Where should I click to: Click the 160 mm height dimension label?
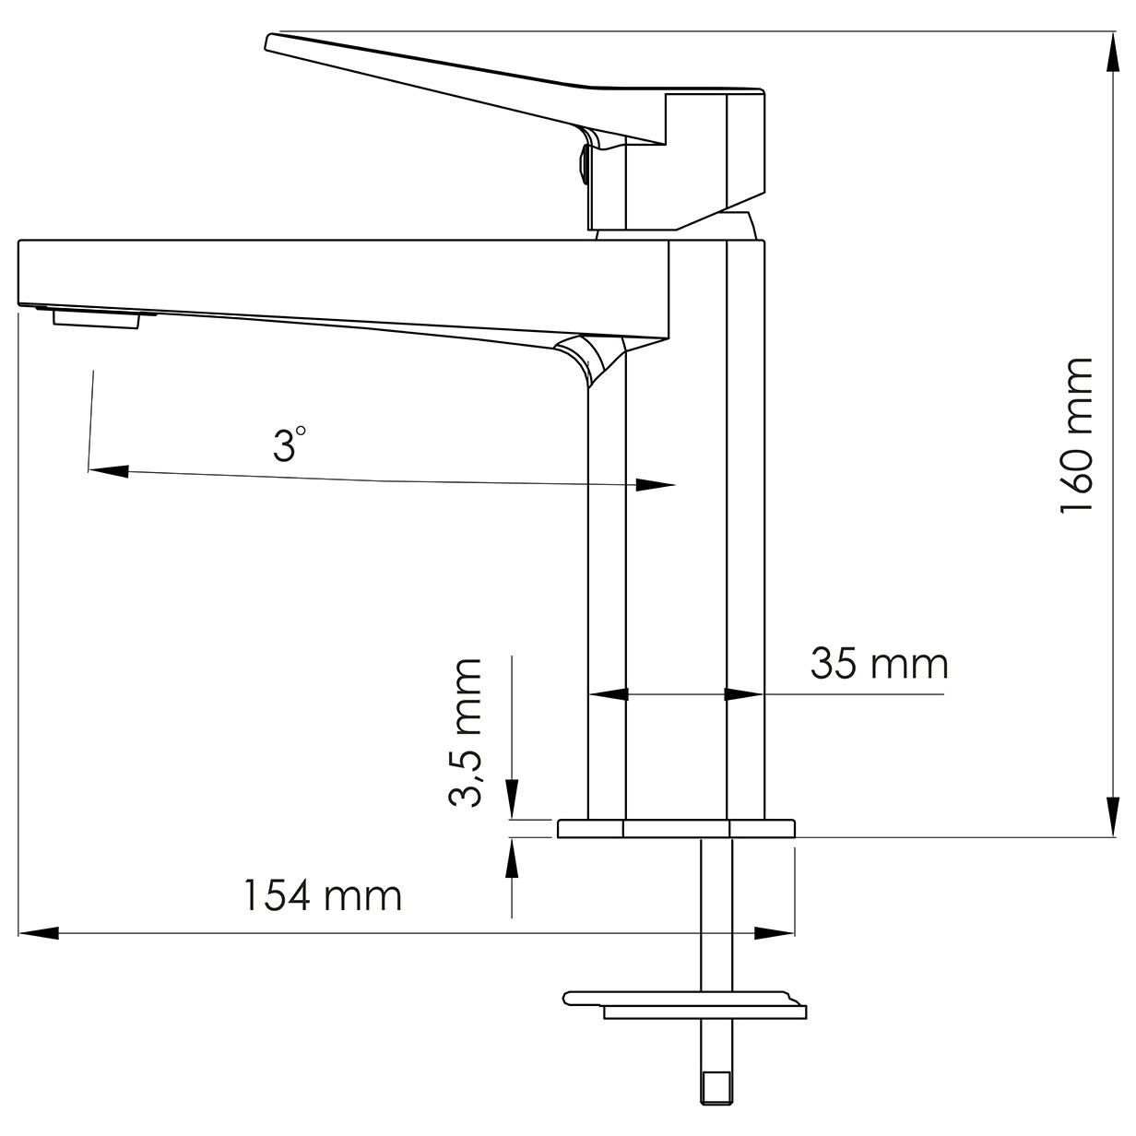click(1076, 435)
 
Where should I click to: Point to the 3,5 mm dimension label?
click(466, 733)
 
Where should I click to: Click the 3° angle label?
click(289, 444)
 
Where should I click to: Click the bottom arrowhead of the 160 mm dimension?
click(1112, 816)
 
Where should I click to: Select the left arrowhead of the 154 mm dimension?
click(39, 932)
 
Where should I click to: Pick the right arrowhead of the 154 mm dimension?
click(774, 932)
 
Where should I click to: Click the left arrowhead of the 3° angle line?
click(109, 471)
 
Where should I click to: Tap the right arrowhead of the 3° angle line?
click(655, 485)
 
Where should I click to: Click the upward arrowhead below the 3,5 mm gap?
click(512, 858)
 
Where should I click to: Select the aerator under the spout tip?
click(97, 319)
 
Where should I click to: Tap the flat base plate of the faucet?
click(676, 828)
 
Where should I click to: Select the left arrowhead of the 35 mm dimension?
click(609, 694)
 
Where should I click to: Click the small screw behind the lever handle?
click(584, 166)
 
